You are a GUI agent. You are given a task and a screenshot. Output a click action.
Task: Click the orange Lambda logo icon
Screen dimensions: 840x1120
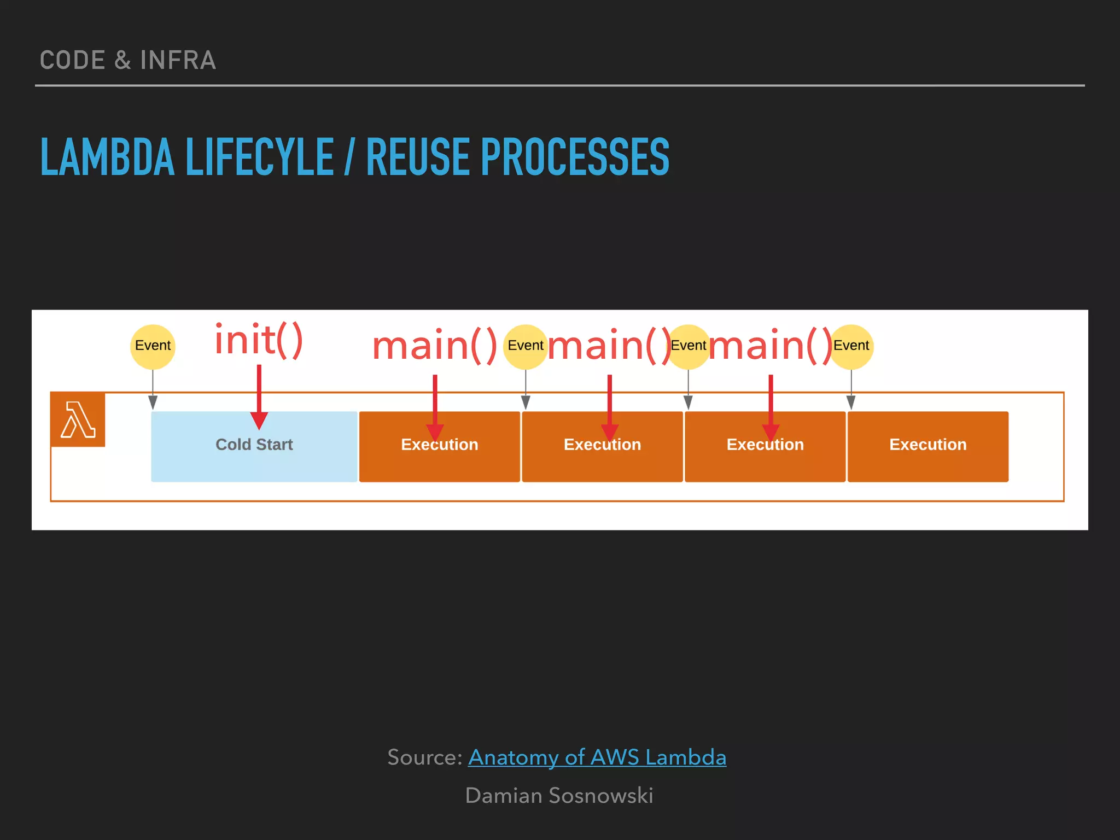click(78, 419)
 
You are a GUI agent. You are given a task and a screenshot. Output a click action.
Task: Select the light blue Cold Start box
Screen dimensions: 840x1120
click(254, 446)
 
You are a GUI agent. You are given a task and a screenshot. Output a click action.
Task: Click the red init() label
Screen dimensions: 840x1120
click(258, 341)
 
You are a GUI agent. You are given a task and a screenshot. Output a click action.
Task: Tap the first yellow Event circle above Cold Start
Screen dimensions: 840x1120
click(153, 346)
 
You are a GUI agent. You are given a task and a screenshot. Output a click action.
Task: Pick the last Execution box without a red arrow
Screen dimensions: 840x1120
click(927, 446)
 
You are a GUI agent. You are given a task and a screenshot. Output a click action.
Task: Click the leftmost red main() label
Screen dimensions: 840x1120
click(434, 346)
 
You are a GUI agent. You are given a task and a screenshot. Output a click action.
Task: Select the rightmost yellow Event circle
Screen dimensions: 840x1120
click(851, 346)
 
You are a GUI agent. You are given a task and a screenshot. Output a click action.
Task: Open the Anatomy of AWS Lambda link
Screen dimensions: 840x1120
click(597, 757)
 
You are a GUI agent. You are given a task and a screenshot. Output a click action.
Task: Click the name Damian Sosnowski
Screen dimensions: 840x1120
click(559, 796)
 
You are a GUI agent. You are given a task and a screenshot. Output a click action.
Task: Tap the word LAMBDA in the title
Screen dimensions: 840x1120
click(107, 157)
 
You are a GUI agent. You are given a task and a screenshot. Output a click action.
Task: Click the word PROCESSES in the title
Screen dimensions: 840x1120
click(574, 157)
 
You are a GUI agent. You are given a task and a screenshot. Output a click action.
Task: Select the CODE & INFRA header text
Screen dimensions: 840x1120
click(128, 60)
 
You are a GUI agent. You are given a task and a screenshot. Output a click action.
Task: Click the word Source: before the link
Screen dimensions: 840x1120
click(425, 757)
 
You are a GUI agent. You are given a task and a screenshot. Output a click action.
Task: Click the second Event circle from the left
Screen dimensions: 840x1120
click(525, 346)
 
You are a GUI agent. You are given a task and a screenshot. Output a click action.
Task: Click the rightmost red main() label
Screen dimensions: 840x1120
click(770, 346)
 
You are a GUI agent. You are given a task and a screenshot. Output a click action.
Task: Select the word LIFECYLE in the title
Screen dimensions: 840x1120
click(260, 157)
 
